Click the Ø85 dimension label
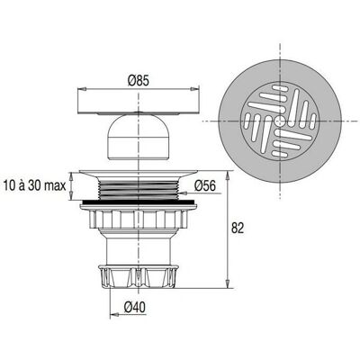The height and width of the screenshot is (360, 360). point(138,80)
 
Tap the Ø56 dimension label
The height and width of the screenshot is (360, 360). point(204,185)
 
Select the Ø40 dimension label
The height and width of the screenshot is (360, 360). point(135,307)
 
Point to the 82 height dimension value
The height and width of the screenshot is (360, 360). point(238,229)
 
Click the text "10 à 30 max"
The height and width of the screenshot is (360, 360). point(35,185)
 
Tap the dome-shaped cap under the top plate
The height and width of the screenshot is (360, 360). point(138,137)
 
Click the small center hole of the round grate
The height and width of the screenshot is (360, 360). point(280,121)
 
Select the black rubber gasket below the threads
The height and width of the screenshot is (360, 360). point(138,202)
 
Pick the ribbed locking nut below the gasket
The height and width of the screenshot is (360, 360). point(138,217)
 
